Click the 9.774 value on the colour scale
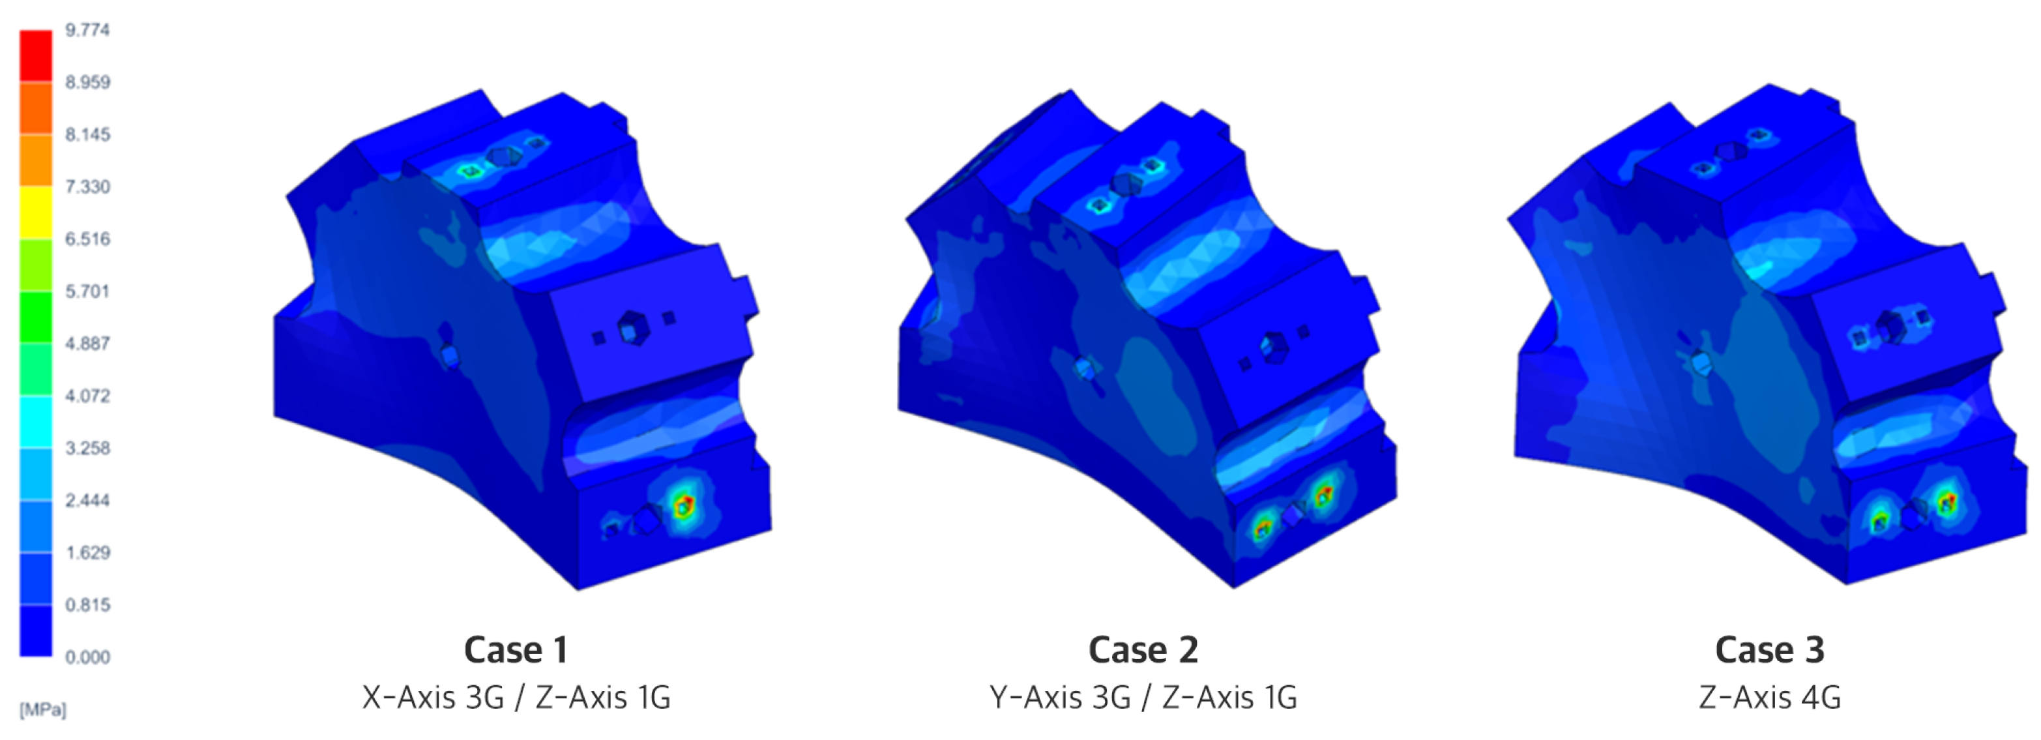click(x=87, y=30)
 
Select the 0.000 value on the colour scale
click(x=87, y=657)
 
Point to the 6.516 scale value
click(x=87, y=239)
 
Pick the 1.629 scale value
click(x=87, y=552)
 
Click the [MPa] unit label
click(x=43, y=709)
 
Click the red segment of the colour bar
click(x=36, y=55)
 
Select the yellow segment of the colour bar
click(x=36, y=213)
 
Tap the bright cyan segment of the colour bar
click(x=36, y=421)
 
